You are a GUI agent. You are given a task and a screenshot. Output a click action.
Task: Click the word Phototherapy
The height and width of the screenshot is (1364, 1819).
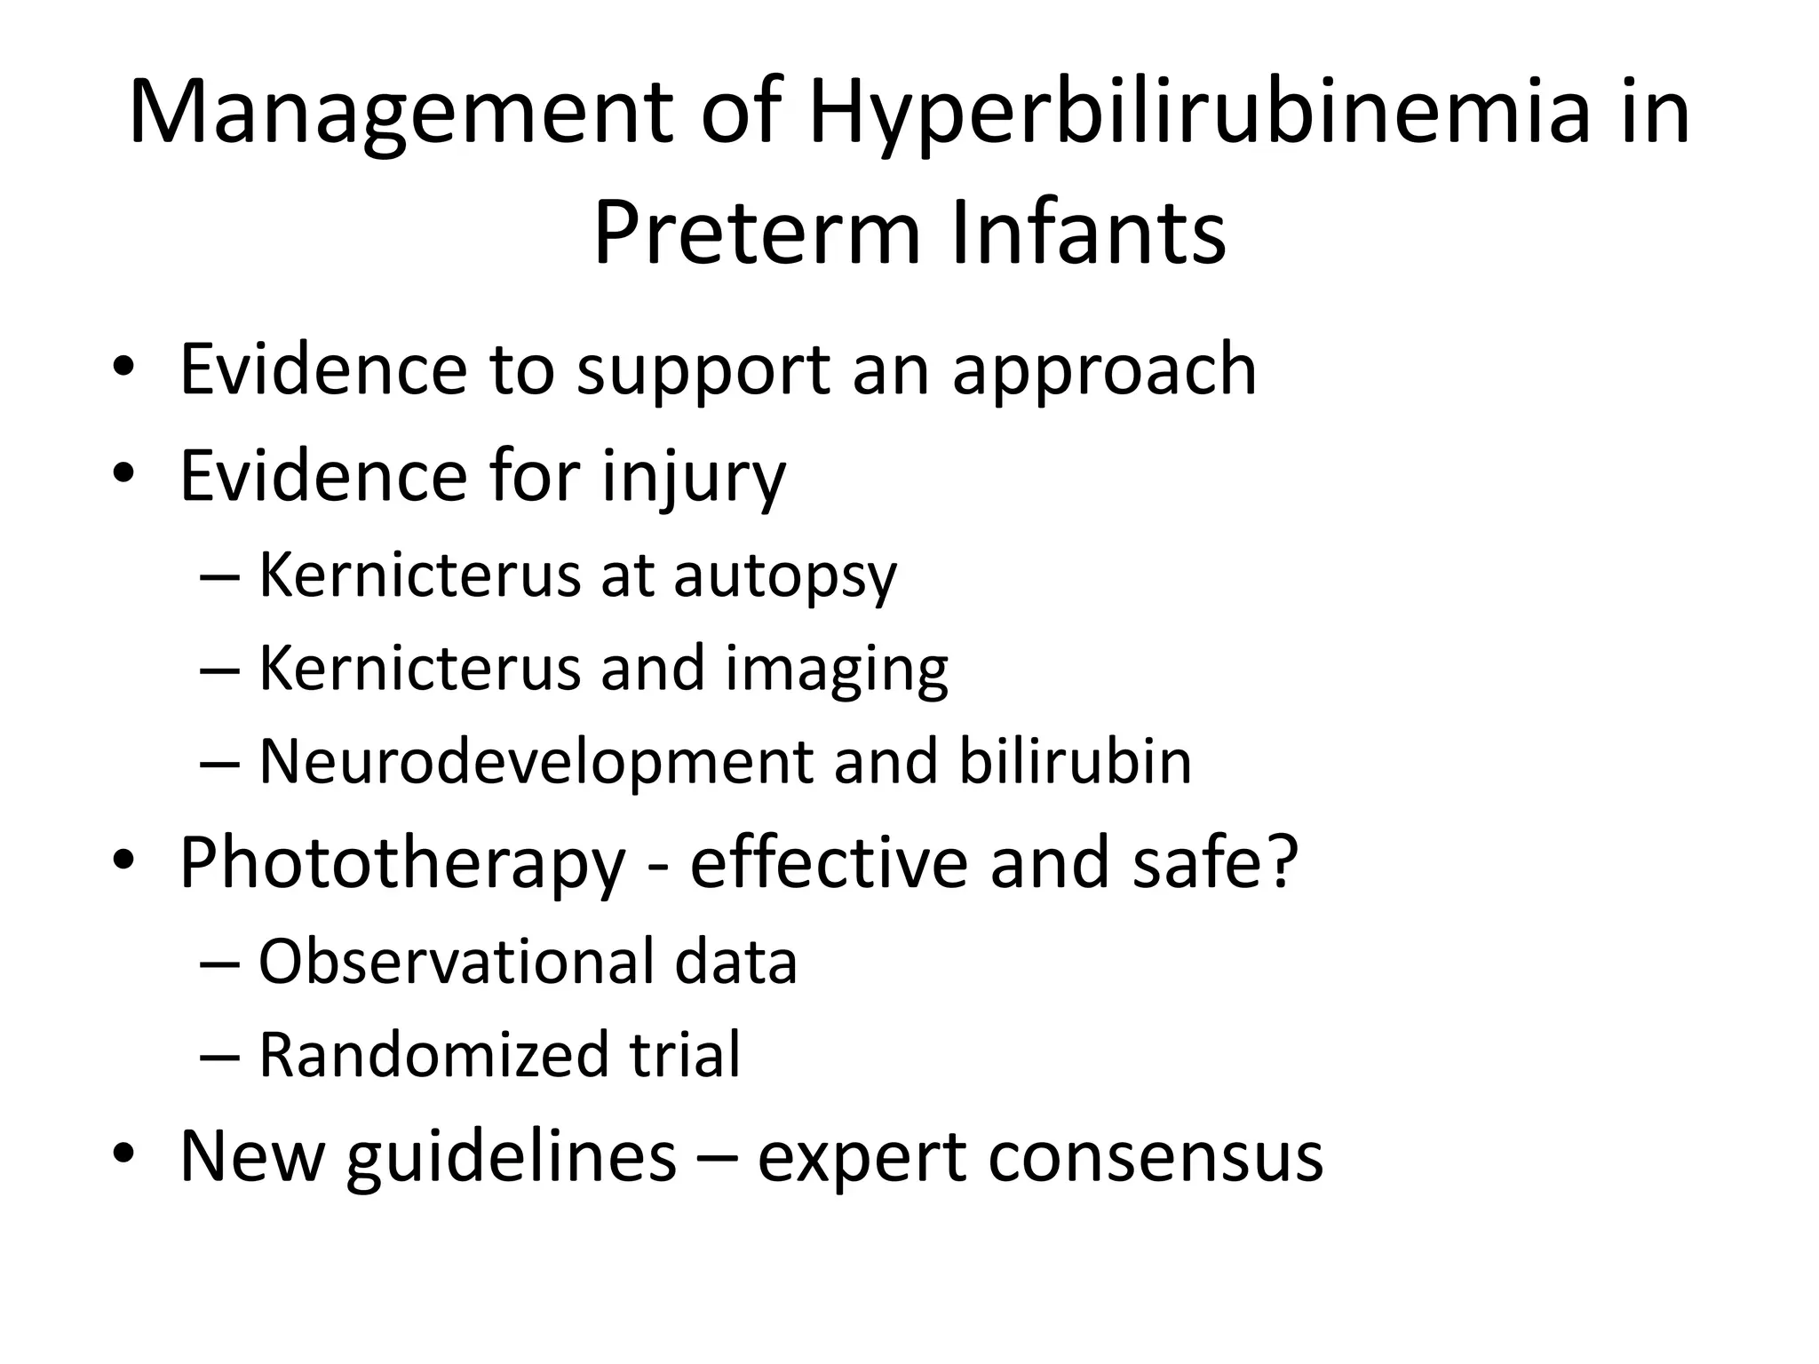point(402,864)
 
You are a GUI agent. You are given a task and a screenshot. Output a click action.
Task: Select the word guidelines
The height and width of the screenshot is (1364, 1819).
point(511,1158)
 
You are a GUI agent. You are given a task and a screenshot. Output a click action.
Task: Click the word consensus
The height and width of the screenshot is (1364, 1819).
point(1156,1158)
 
